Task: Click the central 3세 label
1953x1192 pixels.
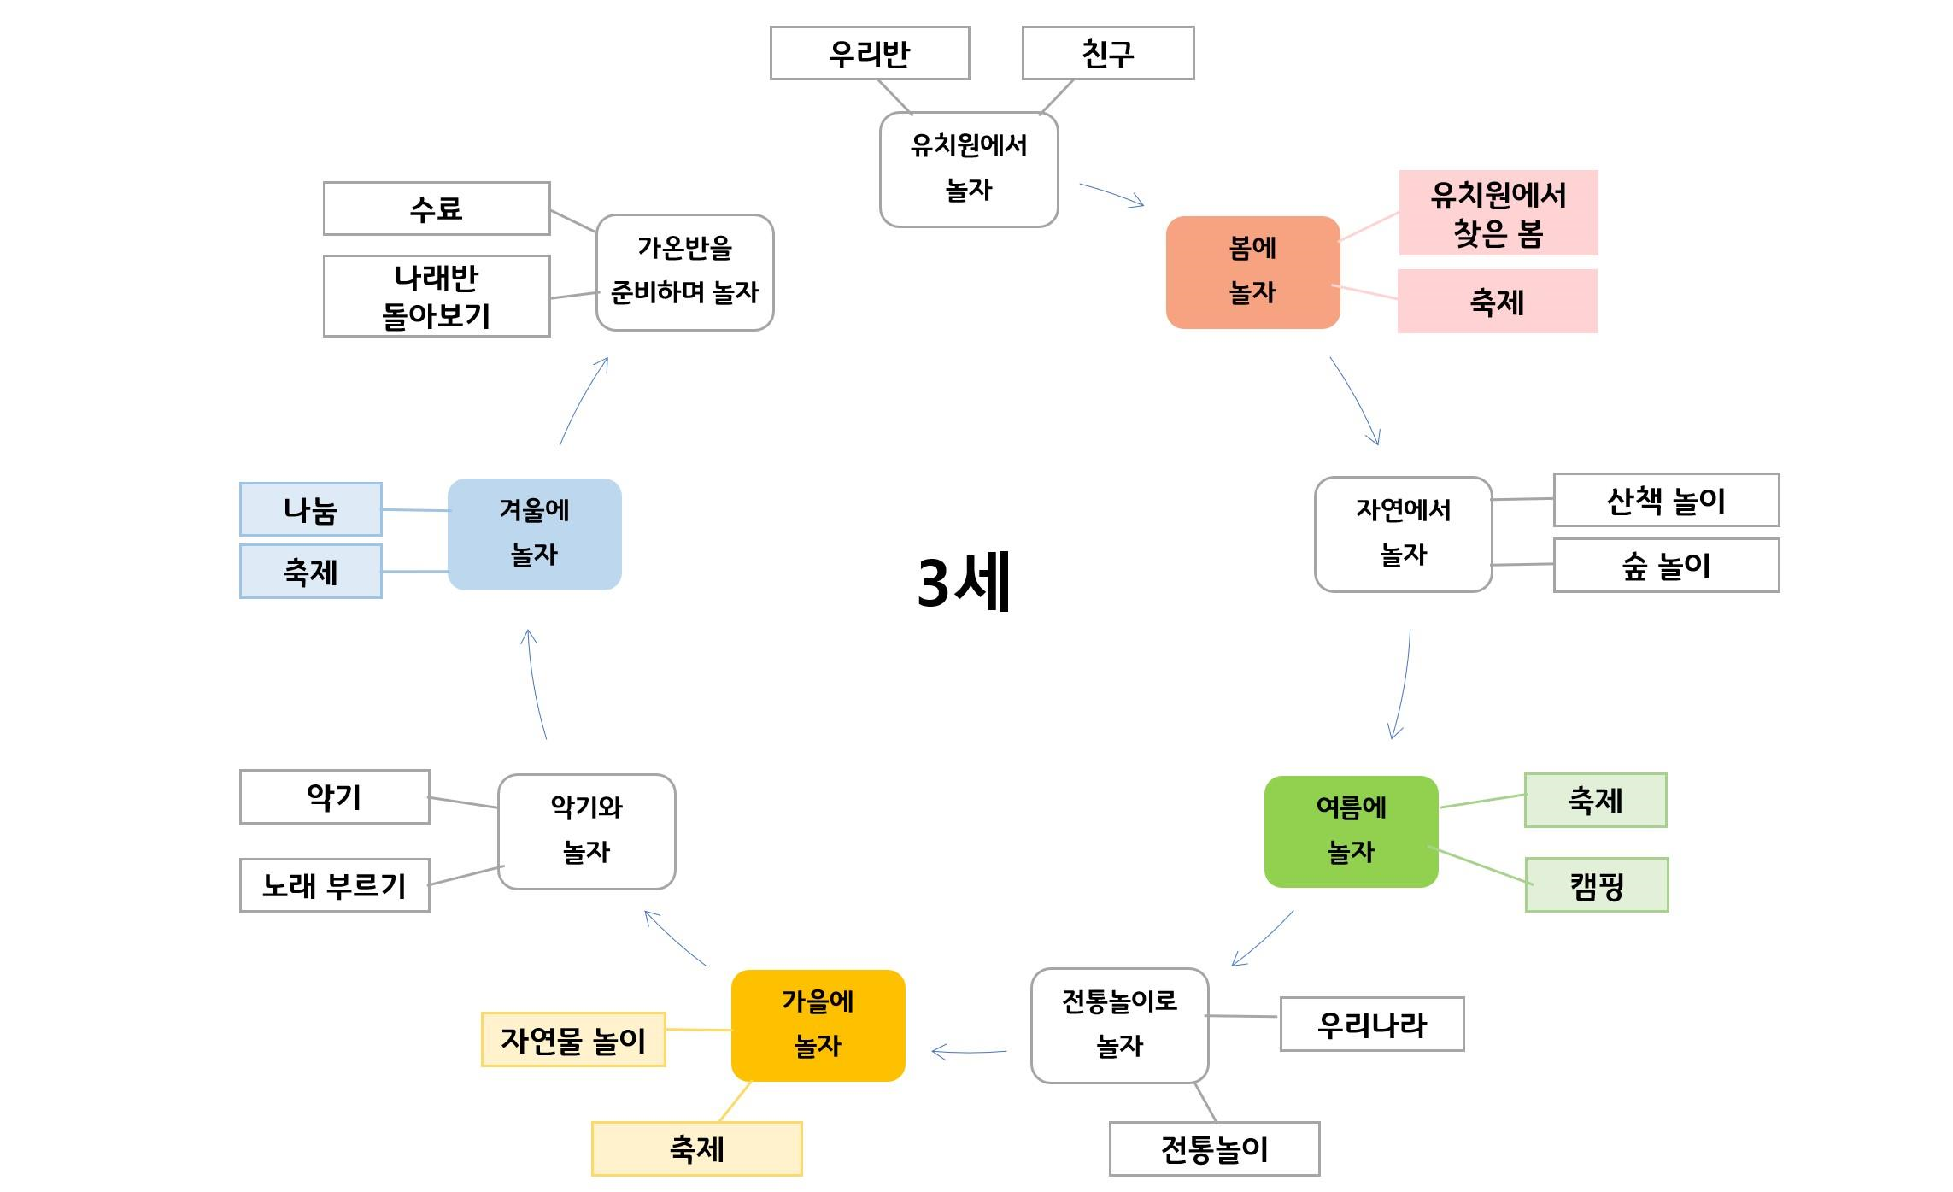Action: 964,582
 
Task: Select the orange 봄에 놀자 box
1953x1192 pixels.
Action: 1252,272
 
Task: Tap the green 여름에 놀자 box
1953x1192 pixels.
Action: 1351,831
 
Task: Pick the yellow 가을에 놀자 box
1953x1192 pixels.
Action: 818,1025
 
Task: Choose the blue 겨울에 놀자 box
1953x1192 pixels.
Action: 534,534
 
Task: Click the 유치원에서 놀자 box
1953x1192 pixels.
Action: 969,169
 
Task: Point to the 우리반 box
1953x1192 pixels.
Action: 869,53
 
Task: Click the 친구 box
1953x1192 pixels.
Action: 1107,53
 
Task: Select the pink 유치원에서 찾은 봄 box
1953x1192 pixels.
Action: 1498,213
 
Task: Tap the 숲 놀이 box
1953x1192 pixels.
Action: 1666,565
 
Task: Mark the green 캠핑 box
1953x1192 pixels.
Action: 1596,884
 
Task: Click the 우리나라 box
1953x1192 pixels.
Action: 1371,1024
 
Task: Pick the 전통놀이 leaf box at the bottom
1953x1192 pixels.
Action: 1214,1148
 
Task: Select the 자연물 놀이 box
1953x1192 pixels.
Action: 573,1039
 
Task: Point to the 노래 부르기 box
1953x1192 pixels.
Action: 334,885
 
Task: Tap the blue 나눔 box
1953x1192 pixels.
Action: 310,509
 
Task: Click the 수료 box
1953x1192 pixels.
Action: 436,208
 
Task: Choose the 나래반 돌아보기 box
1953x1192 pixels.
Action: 436,296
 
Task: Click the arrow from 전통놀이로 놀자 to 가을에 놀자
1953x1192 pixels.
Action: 969,1052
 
